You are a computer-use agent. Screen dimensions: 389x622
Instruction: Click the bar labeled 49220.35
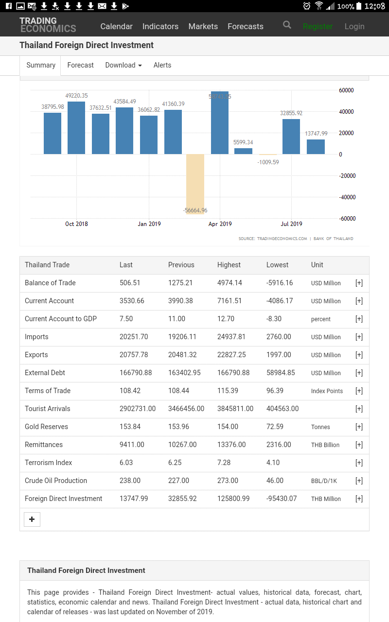click(76, 128)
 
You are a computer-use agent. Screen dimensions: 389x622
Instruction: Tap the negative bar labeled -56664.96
click(195, 184)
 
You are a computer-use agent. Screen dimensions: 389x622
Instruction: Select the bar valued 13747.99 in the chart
click(316, 147)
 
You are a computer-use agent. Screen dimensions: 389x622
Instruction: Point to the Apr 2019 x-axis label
click(220, 224)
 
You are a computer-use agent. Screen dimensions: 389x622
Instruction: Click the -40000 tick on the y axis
click(347, 197)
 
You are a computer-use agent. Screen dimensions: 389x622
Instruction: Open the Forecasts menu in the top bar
click(246, 26)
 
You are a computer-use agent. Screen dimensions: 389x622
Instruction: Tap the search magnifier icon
click(287, 25)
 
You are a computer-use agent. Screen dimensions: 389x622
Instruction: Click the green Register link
click(318, 26)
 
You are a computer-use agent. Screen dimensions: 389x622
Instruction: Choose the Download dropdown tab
click(124, 65)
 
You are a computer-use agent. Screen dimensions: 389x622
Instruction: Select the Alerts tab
click(162, 65)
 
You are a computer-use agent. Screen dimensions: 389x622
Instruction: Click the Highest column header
click(229, 265)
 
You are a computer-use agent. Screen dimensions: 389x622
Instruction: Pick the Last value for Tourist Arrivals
click(138, 409)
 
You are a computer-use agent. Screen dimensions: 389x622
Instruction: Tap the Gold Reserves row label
click(46, 427)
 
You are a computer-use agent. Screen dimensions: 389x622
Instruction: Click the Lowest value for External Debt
click(281, 373)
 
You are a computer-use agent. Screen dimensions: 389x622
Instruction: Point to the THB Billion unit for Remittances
click(325, 445)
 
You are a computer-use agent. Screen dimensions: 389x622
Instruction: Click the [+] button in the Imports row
click(359, 337)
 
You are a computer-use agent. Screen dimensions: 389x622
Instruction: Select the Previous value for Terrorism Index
click(175, 463)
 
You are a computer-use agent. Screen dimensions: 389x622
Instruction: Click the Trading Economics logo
click(48, 25)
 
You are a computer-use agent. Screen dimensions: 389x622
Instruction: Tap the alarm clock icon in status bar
click(307, 6)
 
